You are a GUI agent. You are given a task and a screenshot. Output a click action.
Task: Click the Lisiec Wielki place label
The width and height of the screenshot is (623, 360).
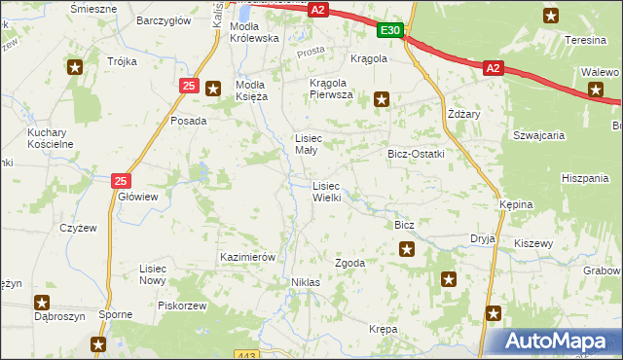[325, 192]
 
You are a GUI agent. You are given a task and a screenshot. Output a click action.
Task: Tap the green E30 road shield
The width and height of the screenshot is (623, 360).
[390, 31]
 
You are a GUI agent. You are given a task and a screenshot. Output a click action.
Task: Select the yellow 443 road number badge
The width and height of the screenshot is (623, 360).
[248, 354]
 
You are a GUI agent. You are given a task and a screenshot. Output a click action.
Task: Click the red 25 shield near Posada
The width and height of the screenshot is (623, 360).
[189, 87]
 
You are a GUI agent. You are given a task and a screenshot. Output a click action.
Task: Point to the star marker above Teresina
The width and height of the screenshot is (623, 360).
[551, 15]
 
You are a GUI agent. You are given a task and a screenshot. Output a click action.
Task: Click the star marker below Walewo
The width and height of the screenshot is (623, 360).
[596, 90]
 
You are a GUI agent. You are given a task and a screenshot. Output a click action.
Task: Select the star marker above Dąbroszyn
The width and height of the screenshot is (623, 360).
[42, 303]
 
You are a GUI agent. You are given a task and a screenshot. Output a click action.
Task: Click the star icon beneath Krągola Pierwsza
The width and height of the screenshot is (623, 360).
[383, 98]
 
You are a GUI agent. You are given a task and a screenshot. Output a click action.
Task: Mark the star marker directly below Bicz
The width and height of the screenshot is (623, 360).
[406, 250]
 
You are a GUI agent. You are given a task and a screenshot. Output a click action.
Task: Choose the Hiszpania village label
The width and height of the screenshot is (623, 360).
[584, 179]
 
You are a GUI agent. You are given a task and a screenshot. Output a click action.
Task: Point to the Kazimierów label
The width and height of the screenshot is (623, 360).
[249, 257]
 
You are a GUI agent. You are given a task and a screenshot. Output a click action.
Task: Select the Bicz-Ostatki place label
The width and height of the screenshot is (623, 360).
[416, 154]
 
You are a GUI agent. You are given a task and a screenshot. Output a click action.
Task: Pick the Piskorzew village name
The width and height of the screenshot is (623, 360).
[185, 306]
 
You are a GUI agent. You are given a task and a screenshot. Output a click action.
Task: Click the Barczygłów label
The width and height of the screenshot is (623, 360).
[162, 19]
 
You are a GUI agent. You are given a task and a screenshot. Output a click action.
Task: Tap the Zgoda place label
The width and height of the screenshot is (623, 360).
[349, 264]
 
